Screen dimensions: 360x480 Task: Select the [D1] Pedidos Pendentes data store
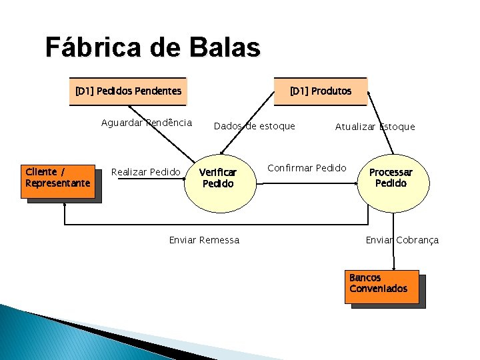coord(128,91)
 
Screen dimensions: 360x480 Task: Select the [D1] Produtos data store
coord(321,91)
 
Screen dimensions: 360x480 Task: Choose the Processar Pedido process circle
coord(391,177)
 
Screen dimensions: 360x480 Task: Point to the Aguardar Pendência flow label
coord(147,123)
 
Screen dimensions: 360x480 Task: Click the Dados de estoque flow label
coord(254,126)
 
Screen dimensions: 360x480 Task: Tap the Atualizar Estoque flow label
coord(375,127)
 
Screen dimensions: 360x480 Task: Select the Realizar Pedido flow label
coord(145,172)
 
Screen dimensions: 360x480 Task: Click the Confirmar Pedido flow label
coord(307,168)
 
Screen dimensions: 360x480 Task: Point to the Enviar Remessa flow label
coord(204,240)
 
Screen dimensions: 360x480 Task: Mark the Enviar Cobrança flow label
coord(402,240)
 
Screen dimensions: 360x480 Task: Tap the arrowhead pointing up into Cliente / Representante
coord(65,205)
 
